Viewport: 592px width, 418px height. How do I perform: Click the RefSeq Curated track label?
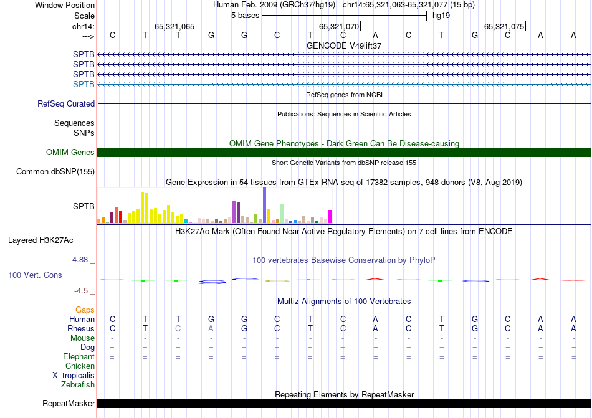(x=66, y=104)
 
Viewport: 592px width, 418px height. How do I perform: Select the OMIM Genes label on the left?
(x=70, y=153)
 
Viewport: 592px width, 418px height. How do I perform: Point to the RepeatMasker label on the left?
(x=69, y=404)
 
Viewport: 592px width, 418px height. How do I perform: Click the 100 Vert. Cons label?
(x=35, y=275)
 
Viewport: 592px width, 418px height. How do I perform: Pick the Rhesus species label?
(x=81, y=328)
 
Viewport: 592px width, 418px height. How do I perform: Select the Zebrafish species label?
(x=78, y=385)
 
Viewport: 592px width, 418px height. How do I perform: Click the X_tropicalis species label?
(x=74, y=376)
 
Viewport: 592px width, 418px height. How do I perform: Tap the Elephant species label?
(x=79, y=357)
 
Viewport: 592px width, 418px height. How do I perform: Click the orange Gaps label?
(x=85, y=310)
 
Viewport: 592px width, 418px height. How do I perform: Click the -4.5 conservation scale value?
(x=80, y=291)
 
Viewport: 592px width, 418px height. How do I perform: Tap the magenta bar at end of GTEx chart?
(x=330, y=216)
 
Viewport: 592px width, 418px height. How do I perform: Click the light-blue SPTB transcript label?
(x=84, y=84)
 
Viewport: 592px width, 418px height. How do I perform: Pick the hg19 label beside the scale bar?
(x=441, y=14)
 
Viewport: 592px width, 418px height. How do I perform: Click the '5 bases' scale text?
(x=244, y=14)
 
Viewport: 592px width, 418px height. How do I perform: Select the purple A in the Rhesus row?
(x=211, y=328)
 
